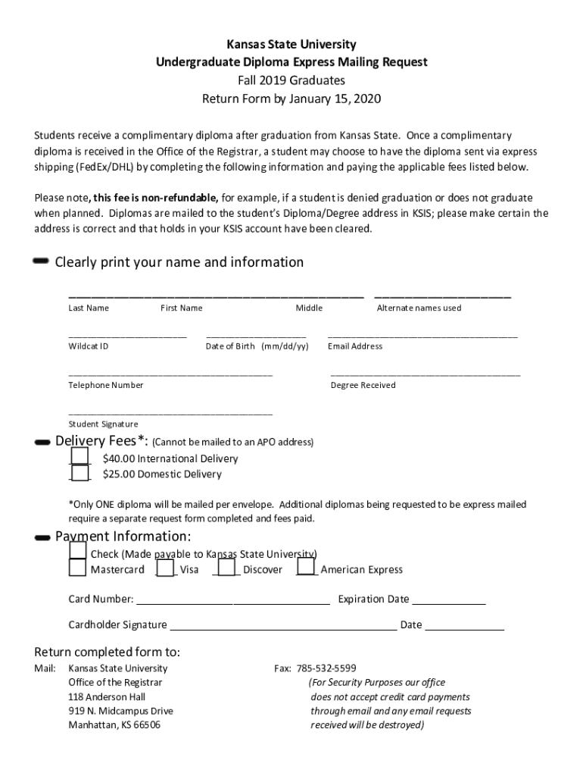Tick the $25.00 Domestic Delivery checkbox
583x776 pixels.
pos(79,474)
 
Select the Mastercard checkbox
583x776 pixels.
pos(77,568)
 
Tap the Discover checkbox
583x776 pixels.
pos(226,568)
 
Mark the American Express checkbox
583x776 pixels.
pos(306,567)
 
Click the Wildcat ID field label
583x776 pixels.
pos(89,346)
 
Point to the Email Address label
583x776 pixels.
pos(355,346)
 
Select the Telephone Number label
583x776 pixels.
pos(106,385)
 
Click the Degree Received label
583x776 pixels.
pos(363,385)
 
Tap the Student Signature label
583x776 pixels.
pos(104,424)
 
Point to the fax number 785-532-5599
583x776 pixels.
pos(326,668)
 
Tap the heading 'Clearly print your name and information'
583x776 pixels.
pos(179,262)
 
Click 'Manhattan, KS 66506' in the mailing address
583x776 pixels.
pos(114,725)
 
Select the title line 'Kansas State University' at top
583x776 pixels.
pos(291,45)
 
